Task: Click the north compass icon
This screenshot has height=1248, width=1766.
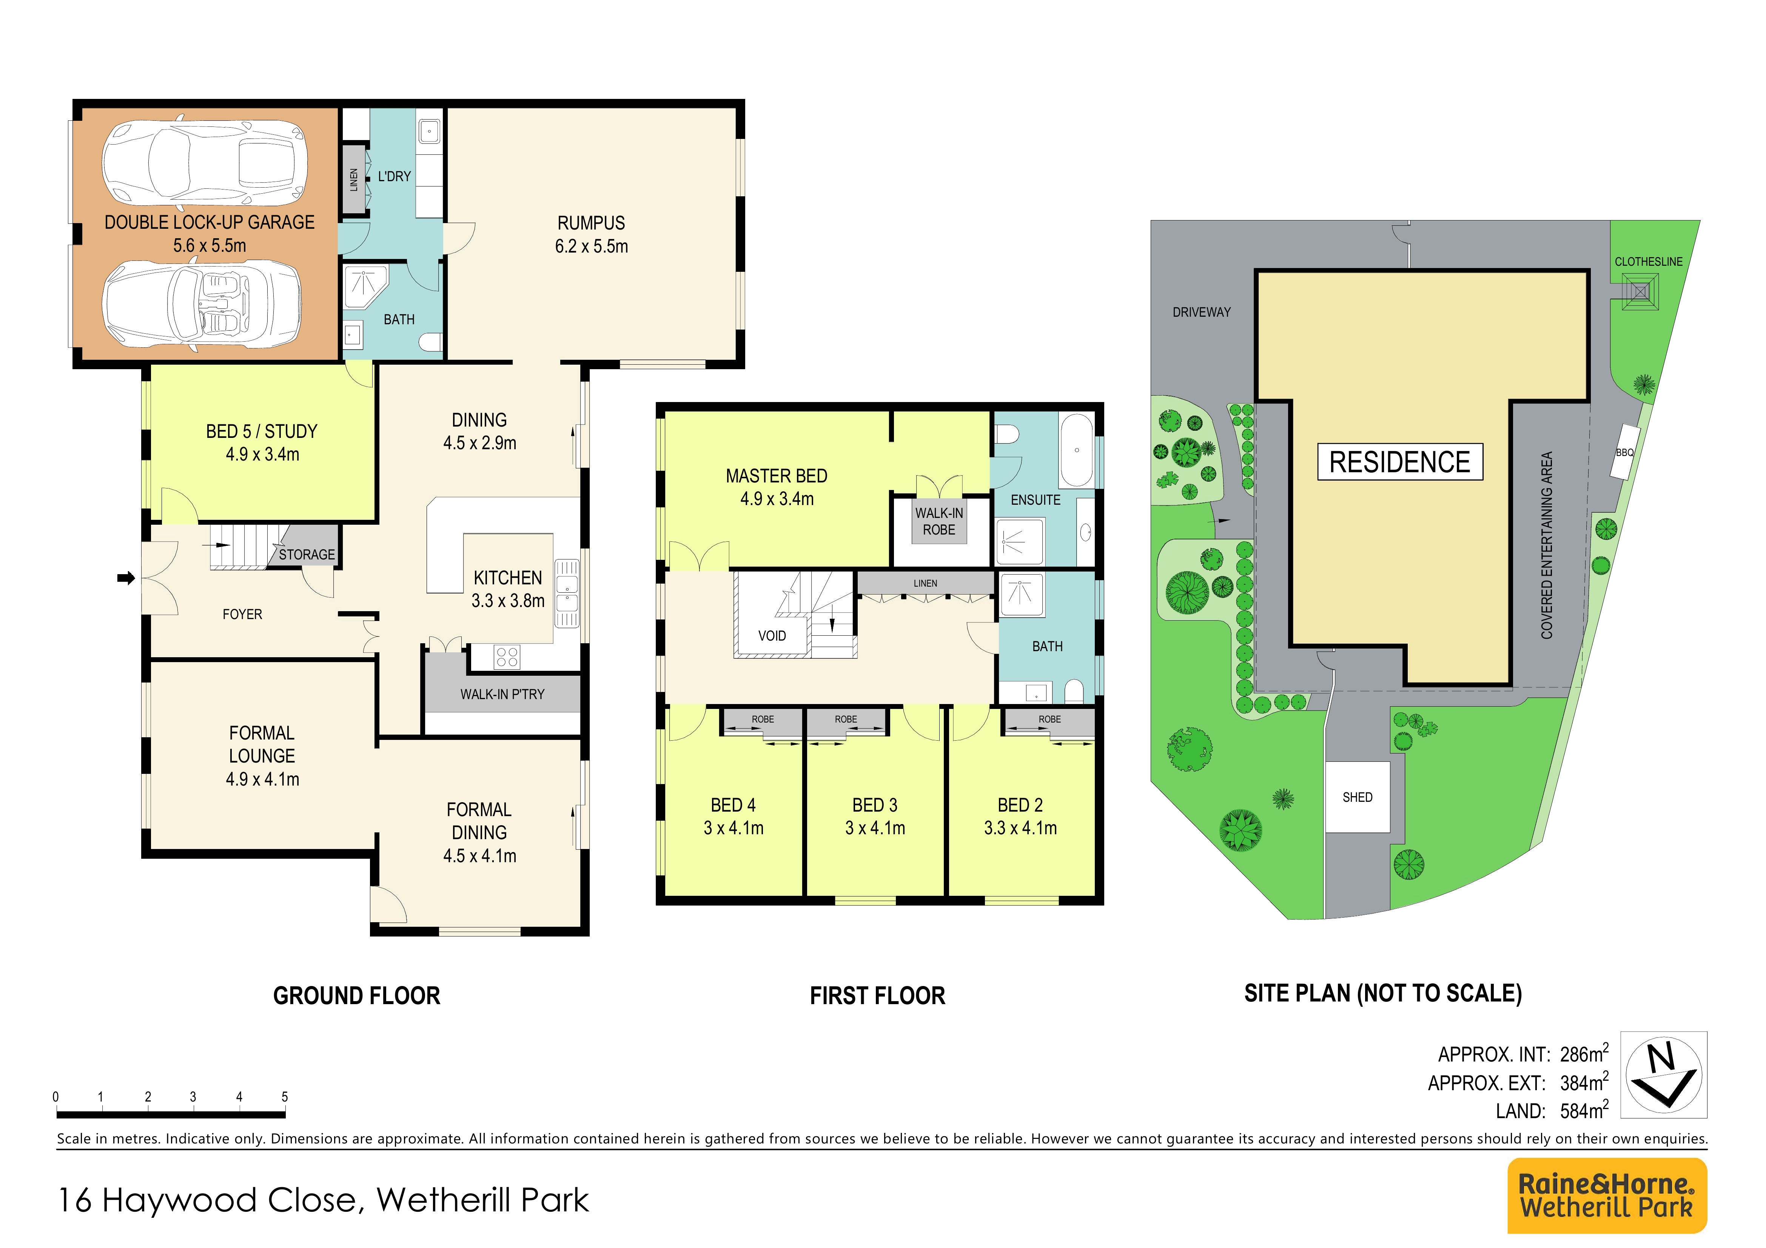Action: (1664, 1074)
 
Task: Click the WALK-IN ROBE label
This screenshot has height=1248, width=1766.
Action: (939, 521)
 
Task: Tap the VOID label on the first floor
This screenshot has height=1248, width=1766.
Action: (772, 636)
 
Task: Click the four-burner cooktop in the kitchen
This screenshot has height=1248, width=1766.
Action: (507, 657)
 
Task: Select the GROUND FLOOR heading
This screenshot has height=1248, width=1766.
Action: (357, 996)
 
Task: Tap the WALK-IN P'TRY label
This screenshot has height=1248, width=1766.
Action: (502, 694)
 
